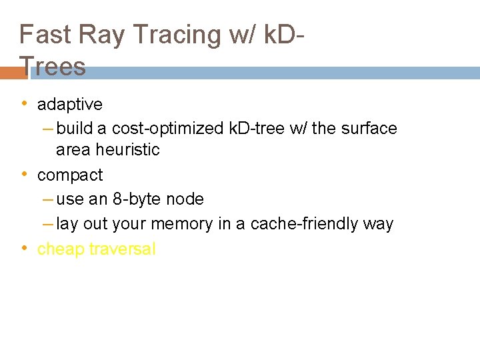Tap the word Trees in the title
point(53,67)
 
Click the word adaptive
point(70,104)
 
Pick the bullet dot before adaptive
point(24,103)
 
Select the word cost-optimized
point(166,128)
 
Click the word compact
point(70,175)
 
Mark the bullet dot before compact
point(24,174)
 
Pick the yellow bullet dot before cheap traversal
point(24,248)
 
